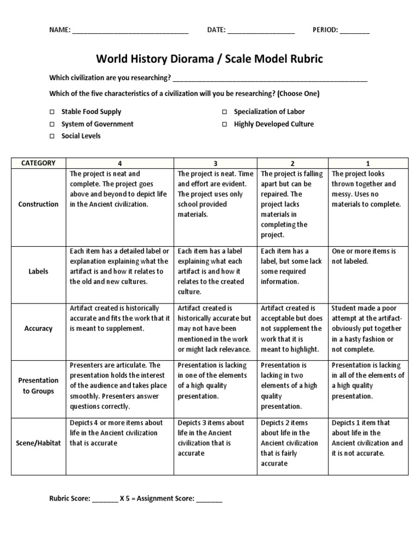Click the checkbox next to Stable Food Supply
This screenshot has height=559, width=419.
click(x=52, y=112)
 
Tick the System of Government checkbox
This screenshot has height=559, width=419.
click(x=52, y=124)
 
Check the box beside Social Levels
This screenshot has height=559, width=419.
click(x=52, y=136)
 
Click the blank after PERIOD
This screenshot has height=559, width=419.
click(x=355, y=31)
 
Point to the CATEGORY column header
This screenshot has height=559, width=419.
click(x=38, y=163)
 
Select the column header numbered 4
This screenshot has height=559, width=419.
click(x=119, y=163)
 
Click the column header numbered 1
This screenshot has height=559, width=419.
click(x=368, y=163)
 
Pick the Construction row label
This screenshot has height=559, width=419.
click(x=38, y=204)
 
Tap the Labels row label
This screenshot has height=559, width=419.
click(x=38, y=271)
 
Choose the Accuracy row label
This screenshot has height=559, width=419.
click(x=38, y=329)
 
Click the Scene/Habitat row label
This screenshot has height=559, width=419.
click(x=38, y=443)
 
